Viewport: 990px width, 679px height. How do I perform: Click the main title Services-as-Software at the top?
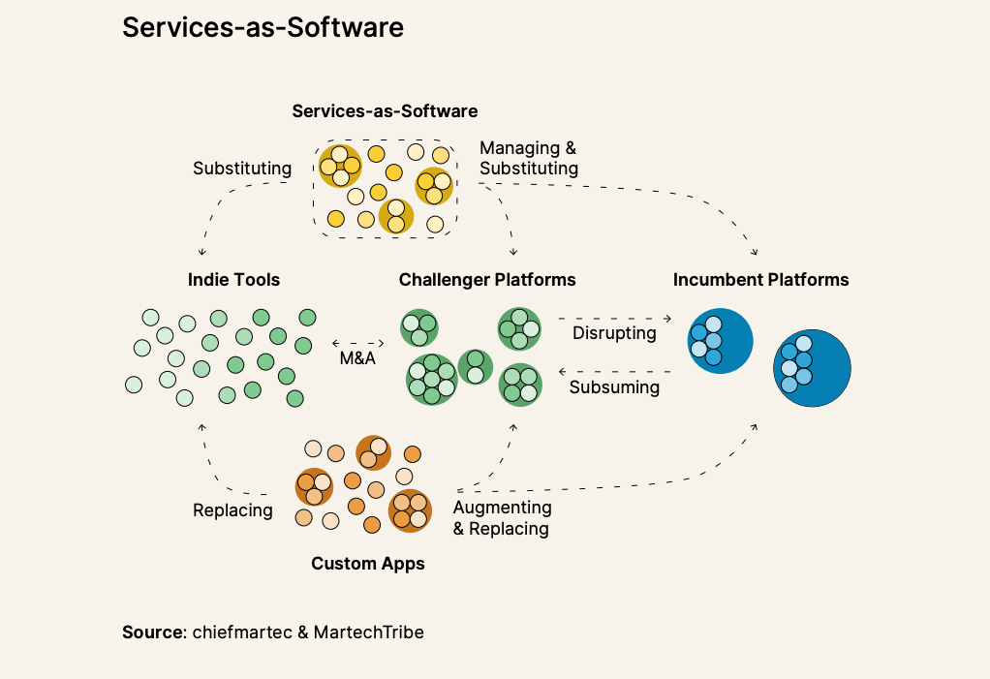pos(263,28)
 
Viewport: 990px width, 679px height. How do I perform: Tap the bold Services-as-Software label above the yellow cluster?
pos(385,111)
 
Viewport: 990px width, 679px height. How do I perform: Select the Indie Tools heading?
pos(233,280)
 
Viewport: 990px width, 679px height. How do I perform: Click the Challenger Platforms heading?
pos(487,280)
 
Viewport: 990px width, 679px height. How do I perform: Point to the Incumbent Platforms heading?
pos(760,280)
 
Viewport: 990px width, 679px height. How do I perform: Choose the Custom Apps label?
pos(368,563)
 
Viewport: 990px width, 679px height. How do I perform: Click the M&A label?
pos(357,359)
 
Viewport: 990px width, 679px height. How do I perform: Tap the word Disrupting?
pos(614,333)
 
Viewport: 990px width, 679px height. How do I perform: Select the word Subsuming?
pos(614,387)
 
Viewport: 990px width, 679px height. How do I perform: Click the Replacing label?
pos(232,510)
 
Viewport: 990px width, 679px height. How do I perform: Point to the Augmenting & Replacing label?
pos(502,518)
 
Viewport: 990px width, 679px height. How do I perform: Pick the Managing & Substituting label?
pos(529,158)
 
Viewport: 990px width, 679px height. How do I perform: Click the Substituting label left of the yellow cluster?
pos(242,169)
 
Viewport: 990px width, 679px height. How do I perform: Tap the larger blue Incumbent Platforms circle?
pos(812,368)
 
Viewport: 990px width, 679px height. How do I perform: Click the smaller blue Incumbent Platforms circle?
pos(720,341)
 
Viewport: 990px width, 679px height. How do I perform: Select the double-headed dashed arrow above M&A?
pos(357,342)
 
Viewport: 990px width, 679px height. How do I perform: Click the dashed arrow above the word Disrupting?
pos(614,318)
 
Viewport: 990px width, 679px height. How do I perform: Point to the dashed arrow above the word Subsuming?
pos(614,371)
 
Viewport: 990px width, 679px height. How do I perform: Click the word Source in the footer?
pos(153,633)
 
